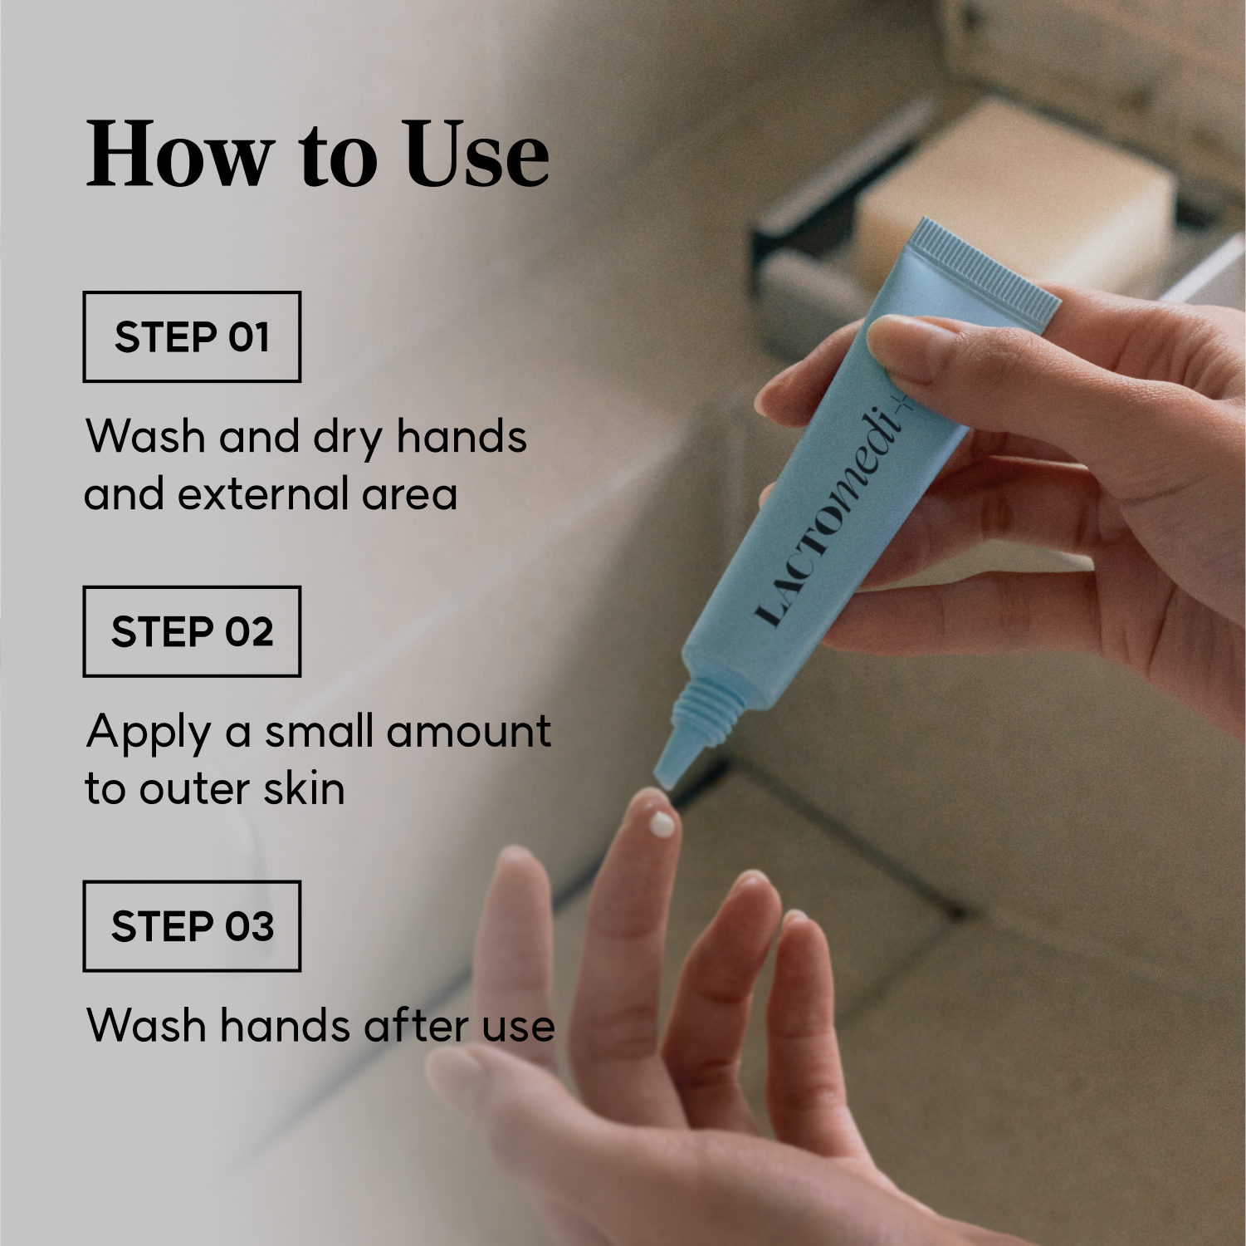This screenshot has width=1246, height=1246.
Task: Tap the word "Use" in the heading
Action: click(477, 154)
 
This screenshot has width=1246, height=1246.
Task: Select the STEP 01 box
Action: click(192, 336)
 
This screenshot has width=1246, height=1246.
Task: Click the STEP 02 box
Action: click(192, 631)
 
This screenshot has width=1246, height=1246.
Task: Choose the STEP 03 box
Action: click(192, 926)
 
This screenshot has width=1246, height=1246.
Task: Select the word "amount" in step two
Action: click(468, 732)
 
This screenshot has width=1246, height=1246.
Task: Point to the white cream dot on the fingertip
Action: click(662, 824)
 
